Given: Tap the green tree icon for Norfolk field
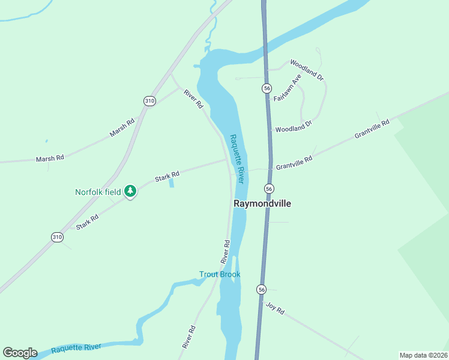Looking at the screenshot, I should [130, 192].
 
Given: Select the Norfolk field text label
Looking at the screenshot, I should [97, 193].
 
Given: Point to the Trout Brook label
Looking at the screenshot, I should [220, 274].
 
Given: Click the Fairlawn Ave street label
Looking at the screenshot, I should [287, 89].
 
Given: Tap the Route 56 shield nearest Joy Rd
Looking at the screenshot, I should [261, 290].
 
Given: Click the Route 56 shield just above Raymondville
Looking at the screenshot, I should [270, 188].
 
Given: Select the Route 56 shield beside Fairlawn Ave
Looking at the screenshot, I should [267, 88].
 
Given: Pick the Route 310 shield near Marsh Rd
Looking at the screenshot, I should [149, 101].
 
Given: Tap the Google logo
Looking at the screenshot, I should [20, 353].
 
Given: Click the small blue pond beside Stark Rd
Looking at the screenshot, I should [172, 183].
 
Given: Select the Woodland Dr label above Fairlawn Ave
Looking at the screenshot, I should [307, 70].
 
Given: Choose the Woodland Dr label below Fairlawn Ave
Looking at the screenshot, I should [294, 126].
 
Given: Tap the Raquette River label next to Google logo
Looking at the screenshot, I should [76, 348].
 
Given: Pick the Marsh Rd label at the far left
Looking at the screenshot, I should [50, 158].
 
